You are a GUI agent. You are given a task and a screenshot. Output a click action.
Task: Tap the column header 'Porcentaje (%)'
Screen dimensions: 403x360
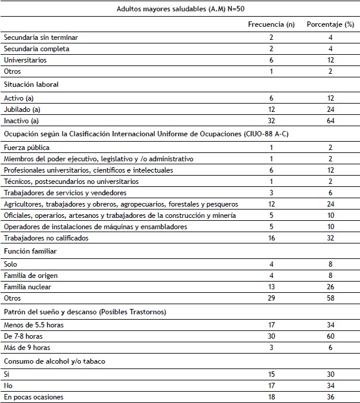[x=330, y=24]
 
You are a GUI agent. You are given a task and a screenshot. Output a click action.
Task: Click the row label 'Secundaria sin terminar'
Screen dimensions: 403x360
[x=40, y=38]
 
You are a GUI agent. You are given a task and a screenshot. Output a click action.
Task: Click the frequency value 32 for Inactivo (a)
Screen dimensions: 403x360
[x=271, y=121]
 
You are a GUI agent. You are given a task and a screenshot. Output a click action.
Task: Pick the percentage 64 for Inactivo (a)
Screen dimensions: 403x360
[x=330, y=121]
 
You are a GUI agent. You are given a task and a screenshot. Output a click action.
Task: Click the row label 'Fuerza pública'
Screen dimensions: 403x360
[x=26, y=146]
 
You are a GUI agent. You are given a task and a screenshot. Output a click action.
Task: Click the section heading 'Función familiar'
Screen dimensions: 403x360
[x=28, y=251]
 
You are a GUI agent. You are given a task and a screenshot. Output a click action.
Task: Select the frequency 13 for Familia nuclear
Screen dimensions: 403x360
[x=271, y=287]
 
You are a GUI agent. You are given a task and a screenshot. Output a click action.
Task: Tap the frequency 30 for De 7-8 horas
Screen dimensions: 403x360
[x=271, y=336]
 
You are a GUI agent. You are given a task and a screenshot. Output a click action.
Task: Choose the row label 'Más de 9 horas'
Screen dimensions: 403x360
[x=27, y=348]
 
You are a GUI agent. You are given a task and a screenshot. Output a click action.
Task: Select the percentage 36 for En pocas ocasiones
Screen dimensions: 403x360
[x=330, y=396]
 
